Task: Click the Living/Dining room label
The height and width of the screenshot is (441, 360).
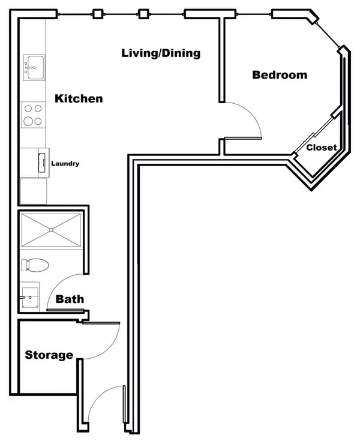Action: [x=160, y=53]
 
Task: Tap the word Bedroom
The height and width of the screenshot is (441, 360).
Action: [x=280, y=75]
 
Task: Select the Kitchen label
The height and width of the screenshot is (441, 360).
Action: [x=79, y=98]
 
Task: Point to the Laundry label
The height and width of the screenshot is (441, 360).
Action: [x=65, y=163]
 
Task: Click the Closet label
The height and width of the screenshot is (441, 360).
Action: [x=321, y=148]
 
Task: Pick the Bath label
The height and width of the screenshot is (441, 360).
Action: [x=70, y=299]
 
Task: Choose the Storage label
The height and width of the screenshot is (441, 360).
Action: [x=49, y=355]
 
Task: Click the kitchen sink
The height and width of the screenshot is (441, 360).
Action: [x=34, y=67]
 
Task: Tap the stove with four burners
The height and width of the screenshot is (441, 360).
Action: [x=34, y=115]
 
